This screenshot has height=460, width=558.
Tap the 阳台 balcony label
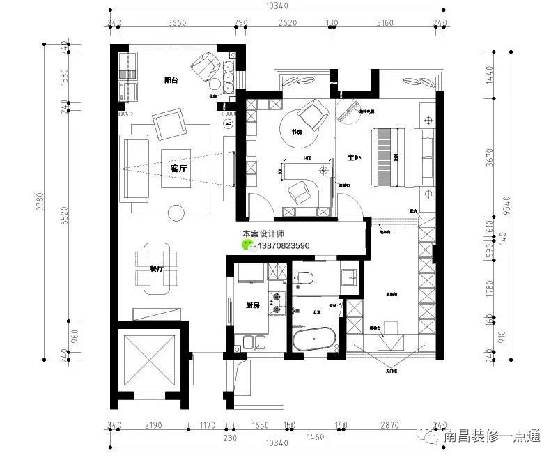pyautogui.click(x=171, y=80)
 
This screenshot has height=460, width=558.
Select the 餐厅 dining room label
pyautogui.click(x=157, y=268)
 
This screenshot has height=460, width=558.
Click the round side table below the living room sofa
pyautogui.click(x=176, y=213)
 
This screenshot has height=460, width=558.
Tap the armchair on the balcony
pyautogui.click(x=204, y=66)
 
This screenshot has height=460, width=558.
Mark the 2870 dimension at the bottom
pyautogui.click(x=389, y=424)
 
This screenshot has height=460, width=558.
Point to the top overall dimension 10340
pyautogui.click(x=277, y=6)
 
